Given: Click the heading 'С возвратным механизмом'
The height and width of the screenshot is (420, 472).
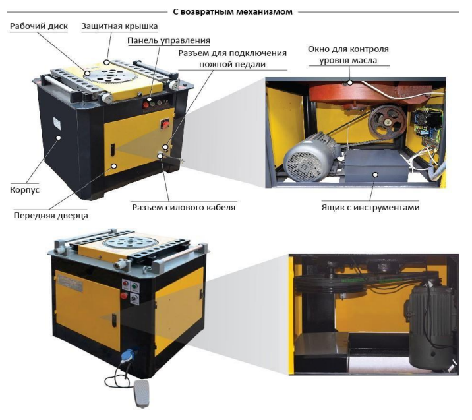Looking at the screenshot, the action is click(233, 12).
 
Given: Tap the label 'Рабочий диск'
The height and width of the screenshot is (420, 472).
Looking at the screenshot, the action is click(39, 26).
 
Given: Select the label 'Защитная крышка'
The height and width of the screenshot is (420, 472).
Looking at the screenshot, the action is click(119, 26).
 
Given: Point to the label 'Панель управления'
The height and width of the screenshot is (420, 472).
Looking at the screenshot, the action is click(169, 40).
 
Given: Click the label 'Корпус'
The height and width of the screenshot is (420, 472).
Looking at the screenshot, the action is click(24, 190).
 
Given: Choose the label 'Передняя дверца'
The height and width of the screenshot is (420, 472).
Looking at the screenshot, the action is click(51, 216).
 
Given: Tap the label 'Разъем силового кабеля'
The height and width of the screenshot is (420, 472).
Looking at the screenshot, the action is click(184, 208).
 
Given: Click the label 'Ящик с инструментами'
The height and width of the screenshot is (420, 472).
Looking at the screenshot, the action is click(370, 208).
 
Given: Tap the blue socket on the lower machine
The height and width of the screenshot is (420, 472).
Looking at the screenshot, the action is click(128, 355).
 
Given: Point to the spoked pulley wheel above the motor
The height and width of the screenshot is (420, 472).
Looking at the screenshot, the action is click(387, 122).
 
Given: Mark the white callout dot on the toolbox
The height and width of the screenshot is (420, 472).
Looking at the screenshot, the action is click(375, 174).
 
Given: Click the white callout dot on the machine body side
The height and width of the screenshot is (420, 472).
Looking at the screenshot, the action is click(59, 138).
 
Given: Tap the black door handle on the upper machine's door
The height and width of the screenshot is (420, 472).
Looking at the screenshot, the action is click(112, 150).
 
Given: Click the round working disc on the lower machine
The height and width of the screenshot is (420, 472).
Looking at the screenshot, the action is click(131, 243).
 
